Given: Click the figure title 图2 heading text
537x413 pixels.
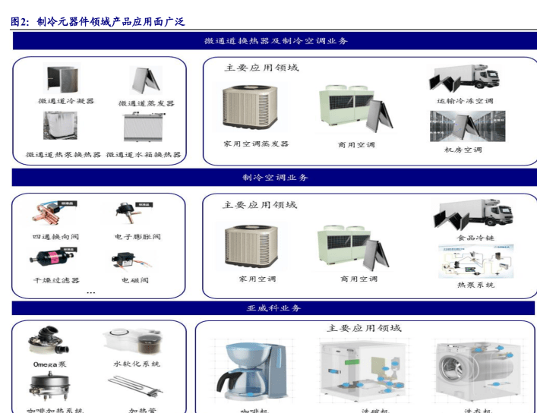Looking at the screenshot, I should [x=98, y=22].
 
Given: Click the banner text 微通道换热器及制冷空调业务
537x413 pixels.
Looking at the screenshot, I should [x=276, y=41].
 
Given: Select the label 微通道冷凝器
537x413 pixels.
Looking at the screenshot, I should [x=67, y=100].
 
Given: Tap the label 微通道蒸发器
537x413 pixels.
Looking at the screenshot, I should [x=147, y=102].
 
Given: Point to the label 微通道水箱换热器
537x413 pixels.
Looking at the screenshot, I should [x=144, y=154].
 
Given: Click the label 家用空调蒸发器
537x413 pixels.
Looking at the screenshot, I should [x=255, y=143].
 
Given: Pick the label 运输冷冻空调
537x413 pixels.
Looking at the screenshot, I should [x=465, y=100].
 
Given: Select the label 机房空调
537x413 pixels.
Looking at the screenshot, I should [x=463, y=150].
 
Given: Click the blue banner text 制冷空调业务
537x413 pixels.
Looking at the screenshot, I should [x=275, y=177].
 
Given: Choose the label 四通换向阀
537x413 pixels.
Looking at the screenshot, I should [x=55, y=237].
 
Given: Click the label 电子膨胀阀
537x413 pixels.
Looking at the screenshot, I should [x=137, y=237].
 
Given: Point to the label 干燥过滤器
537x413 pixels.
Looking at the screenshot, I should [x=55, y=280].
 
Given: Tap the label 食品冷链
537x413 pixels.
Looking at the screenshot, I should [x=475, y=238].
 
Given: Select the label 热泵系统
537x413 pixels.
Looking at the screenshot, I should [x=475, y=285].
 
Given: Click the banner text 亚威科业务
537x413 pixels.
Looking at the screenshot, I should [x=274, y=307].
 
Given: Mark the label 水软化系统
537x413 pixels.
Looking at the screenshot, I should [x=137, y=364].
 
